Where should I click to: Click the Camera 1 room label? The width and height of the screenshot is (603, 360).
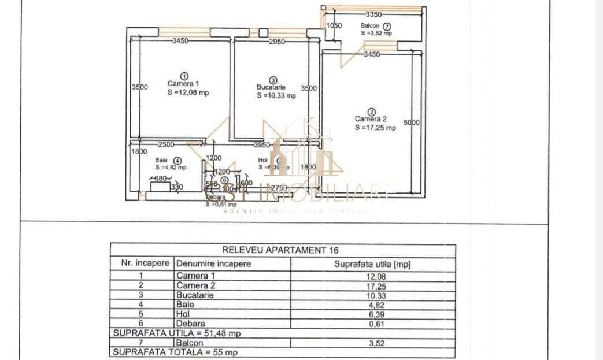(x=183, y=83)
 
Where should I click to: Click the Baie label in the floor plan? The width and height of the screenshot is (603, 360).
(x=161, y=160)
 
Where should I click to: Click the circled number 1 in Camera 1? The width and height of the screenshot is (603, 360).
(x=184, y=75)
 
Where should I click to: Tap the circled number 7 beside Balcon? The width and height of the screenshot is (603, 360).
(x=386, y=26)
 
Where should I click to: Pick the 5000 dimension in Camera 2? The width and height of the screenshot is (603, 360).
(x=412, y=122)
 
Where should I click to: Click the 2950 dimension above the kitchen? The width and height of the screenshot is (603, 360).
(x=276, y=41)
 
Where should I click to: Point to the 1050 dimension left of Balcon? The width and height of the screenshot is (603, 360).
(x=335, y=25)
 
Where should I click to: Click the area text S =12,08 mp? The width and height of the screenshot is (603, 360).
(x=188, y=92)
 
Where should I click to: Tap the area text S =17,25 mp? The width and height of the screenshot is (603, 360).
(x=375, y=128)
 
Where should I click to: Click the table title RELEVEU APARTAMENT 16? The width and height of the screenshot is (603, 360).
(x=280, y=250)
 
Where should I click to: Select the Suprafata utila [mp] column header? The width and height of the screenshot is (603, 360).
(x=373, y=264)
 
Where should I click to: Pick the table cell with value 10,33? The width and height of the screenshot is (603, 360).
(x=373, y=295)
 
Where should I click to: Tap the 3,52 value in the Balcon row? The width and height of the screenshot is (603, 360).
(x=373, y=343)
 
